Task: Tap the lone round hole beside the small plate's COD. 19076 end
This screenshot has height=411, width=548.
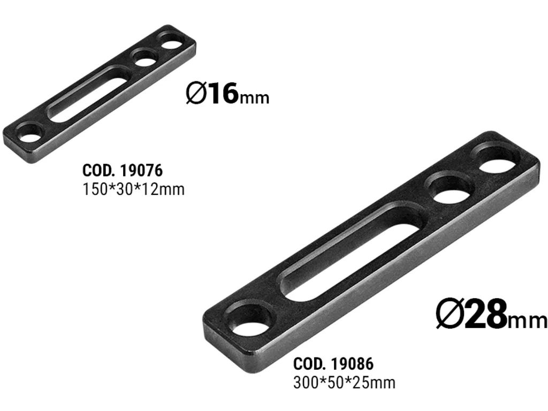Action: pyautogui.click(x=31, y=133)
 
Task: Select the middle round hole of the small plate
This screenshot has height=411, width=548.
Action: pyautogui.click(x=144, y=58)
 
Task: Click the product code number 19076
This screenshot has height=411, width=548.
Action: pyautogui.click(x=140, y=171)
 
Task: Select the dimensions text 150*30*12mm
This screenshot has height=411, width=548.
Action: pyautogui.click(x=133, y=189)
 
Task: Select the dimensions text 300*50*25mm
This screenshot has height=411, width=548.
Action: pyautogui.click(x=344, y=383)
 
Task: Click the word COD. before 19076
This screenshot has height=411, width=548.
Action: pyautogui.click(x=98, y=171)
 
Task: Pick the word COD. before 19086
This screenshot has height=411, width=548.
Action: pyautogui.click(x=309, y=364)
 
